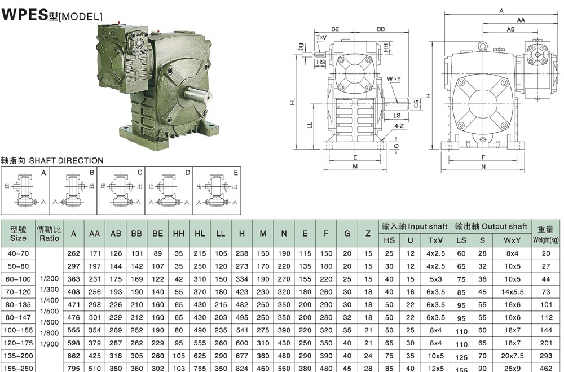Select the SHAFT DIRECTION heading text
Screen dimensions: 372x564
tap(52, 160)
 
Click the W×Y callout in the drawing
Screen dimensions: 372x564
tap(394, 79)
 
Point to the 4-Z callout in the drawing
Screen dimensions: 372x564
tap(399, 126)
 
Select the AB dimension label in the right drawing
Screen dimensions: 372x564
tap(510, 29)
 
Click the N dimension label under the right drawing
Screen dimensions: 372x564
tap(483, 167)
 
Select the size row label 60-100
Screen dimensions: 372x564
tap(18, 279)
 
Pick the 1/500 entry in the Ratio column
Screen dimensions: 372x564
tap(49, 311)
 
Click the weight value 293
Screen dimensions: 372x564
tap(545, 357)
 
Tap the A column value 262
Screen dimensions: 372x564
tap(73, 254)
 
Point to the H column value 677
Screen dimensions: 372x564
tap(241, 357)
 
